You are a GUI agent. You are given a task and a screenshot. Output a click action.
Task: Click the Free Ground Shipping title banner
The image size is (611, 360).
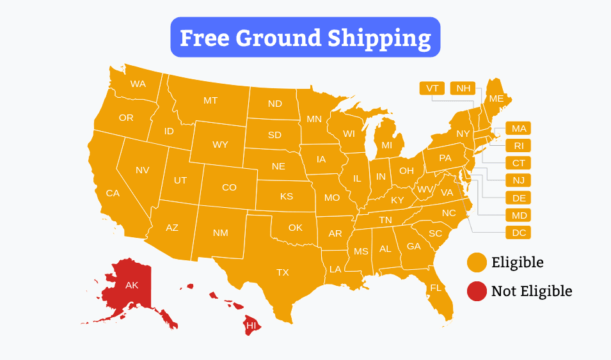tap(305, 38)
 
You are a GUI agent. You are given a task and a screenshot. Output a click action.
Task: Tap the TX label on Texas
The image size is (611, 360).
tap(282, 272)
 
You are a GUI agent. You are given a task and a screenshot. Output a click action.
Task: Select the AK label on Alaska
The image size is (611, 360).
tap(132, 285)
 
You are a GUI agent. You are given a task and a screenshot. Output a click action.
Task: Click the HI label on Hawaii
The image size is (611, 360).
tap(251, 325)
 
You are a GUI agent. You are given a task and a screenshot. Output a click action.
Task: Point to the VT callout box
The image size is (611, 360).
tap(432, 88)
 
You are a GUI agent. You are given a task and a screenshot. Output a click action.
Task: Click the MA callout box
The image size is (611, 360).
tap(518, 128)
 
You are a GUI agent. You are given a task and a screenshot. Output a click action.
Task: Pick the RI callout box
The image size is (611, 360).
tap(518, 146)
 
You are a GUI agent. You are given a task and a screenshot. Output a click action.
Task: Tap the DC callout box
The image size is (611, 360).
tap(518, 233)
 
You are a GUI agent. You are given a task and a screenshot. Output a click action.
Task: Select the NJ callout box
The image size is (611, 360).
tap(518, 180)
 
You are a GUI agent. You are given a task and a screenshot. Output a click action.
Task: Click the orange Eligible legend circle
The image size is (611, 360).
tap(477, 262)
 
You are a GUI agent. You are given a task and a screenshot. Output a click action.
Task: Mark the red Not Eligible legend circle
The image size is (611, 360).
tap(477, 292)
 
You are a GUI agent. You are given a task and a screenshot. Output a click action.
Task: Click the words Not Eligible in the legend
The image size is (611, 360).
tap(532, 292)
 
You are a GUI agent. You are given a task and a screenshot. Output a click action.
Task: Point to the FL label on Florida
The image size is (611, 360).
tap(436, 288)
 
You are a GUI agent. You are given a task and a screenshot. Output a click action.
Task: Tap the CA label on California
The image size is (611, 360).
tap(113, 193)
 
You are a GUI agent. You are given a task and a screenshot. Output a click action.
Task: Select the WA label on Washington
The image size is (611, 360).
tap(138, 84)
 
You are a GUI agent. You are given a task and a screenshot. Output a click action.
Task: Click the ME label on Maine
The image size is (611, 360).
tap(496, 98)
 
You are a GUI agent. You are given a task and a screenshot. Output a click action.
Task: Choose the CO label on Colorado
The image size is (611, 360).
tap(229, 187)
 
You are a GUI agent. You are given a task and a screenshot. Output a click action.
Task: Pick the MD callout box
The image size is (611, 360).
tap(518, 215)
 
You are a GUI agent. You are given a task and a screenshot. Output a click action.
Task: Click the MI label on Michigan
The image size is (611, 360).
tap(386, 145)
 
